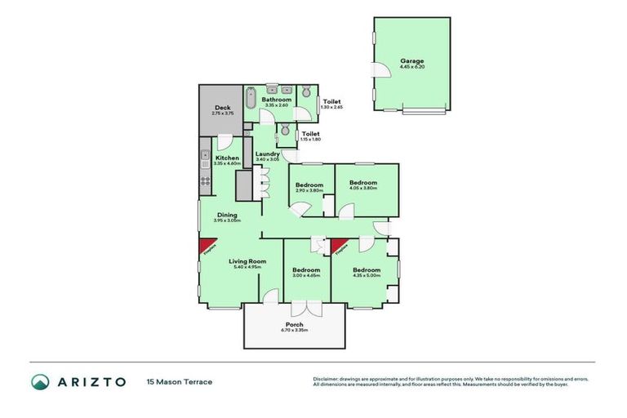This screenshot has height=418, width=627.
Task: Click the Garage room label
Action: coord(411,60)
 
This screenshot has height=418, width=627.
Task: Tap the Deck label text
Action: coord(222,108)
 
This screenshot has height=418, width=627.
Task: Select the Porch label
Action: coord(294,325)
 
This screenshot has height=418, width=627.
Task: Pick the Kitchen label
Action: coord(227,158)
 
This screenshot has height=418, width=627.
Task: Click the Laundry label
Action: coord(268,153)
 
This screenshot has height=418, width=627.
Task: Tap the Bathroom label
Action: coord(276,100)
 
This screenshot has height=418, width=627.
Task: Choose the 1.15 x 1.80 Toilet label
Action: coord(310,133)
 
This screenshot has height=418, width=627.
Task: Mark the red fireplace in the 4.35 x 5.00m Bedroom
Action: coord(338,245)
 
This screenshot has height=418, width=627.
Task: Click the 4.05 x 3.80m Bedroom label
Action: coord(363,183)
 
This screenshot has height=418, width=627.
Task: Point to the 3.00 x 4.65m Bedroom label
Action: coord(306,270)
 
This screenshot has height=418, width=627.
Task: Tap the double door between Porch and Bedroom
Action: coord(306,308)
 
